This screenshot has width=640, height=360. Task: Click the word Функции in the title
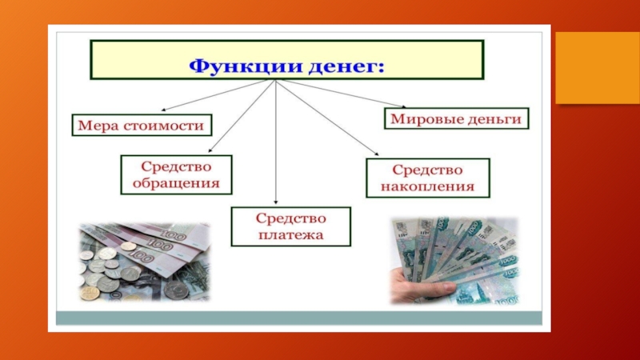tap(246, 66)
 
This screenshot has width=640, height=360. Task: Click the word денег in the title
tap(346, 66)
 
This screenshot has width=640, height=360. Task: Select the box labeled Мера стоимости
tap(142, 125)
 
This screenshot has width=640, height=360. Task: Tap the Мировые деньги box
tap(456, 118)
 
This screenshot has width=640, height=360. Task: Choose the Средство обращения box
tap(176, 174)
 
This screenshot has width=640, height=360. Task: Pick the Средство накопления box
tap(428, 178)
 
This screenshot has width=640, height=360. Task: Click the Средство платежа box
tap(290, 226)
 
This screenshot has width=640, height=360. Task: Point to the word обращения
tap(176, 183)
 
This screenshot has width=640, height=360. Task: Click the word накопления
tap(428, 187)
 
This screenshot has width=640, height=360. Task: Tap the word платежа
tap(290, 235)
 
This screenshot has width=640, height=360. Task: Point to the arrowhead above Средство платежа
tap(276, 202)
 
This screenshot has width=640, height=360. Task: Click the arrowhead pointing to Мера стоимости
tap(163, 110)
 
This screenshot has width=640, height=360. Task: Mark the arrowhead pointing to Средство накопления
tap(376, 154)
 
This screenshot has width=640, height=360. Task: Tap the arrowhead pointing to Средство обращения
tap(210, 150)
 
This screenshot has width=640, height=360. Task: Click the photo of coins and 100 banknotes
tap(144, 262)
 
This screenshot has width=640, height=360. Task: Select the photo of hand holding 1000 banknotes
tap(454, 261)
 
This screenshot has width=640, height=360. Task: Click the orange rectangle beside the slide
tap(598, 68)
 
